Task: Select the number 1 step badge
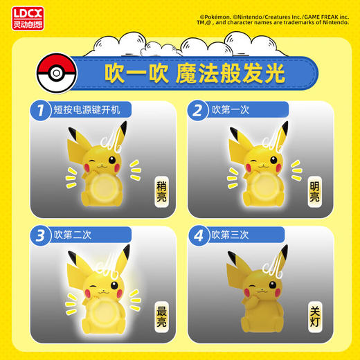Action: [x=42, y=110]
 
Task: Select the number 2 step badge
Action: [x=199, y=110]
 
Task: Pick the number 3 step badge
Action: [x=42, y=234]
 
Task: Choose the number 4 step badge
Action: [x=199, y=234]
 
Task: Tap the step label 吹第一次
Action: [x=235, y=110]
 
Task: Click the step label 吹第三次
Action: [x=235, y=234]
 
